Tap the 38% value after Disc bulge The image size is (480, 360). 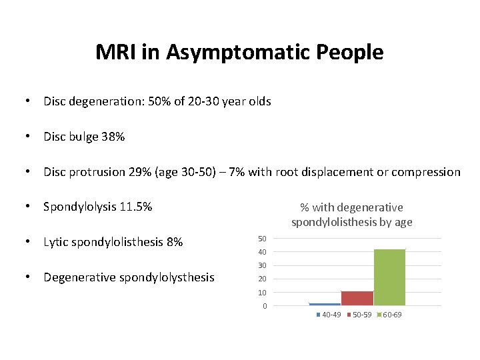[113, 137]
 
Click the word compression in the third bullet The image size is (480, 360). [426, 172]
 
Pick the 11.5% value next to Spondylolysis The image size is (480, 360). [137, 207]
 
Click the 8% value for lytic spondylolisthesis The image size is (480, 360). [174, 242]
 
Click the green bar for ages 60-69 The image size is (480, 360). [389, 277]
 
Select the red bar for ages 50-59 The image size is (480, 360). [357, 298]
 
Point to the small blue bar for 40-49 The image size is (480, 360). [325, 304]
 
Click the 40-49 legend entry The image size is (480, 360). [329, 315]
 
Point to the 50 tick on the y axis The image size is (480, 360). [262, 239]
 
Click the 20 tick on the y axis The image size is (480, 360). [262, 279]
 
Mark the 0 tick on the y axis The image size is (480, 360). [264, 307]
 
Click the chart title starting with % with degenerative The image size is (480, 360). [351, 215]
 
